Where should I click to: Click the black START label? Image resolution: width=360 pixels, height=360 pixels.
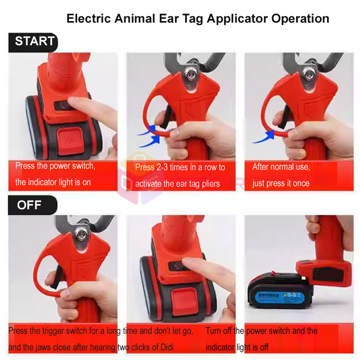pos(33,43)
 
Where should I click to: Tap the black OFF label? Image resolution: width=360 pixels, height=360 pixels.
pos(32,205)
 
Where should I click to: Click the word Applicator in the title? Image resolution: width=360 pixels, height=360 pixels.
pos(237,19)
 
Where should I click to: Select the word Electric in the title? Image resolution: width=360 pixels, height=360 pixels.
pos(88,19)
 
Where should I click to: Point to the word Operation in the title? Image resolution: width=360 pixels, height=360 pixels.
pos(300,19)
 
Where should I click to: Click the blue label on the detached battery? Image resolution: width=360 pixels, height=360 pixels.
pos(280,297)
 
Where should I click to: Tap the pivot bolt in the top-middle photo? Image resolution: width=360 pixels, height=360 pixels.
pos(191,74)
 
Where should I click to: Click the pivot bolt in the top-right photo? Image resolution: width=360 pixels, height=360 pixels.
pos(309,74)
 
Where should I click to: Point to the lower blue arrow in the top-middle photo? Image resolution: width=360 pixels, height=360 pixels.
pos(150,141)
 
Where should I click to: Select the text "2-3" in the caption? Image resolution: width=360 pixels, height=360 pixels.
pos(162,167)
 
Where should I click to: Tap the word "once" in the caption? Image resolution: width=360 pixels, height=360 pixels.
pos(301,184)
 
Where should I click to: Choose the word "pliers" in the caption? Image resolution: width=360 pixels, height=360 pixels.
pos(211,184)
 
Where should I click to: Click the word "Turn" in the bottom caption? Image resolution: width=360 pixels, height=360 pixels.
pos(213,331)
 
